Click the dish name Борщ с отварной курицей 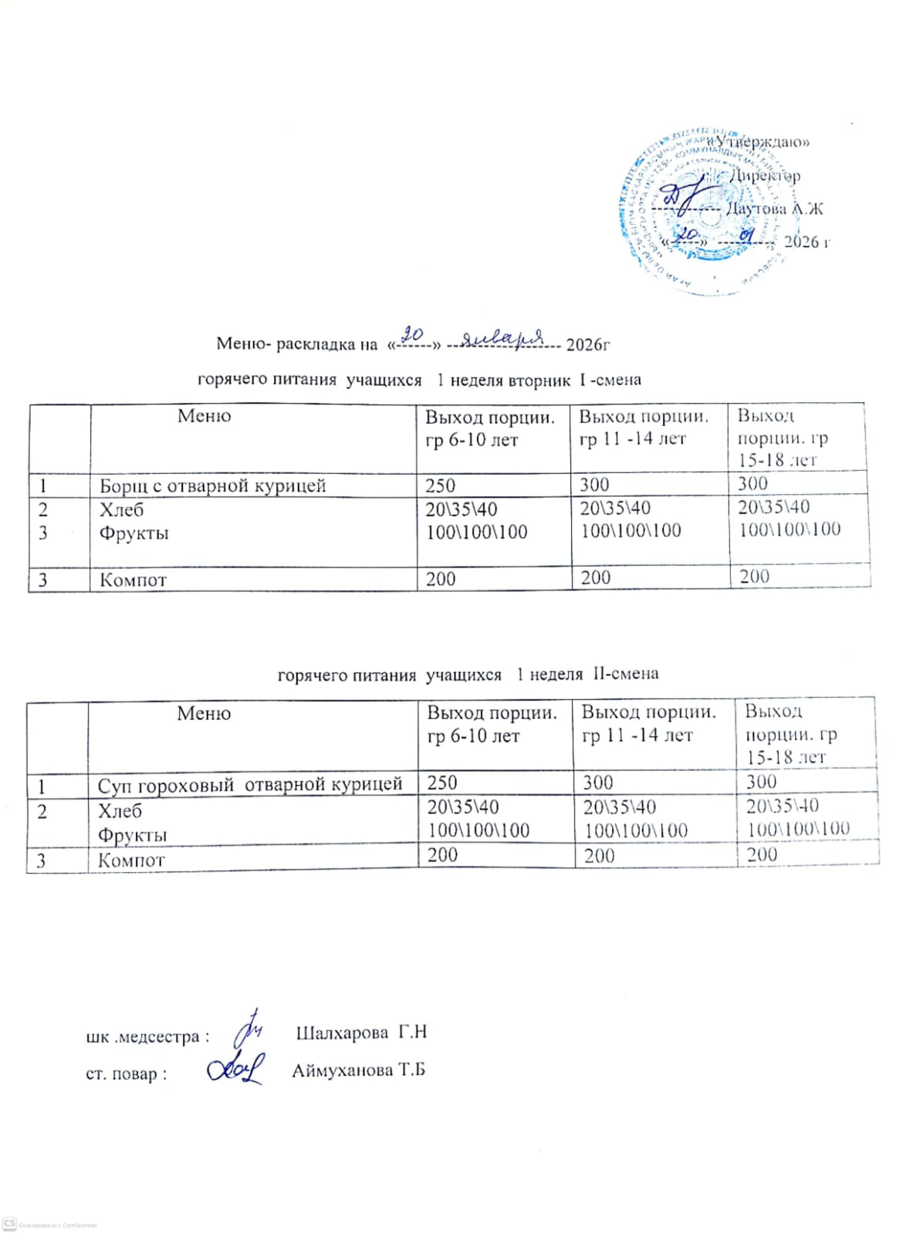212,485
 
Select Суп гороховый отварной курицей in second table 249,785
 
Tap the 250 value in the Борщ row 441,485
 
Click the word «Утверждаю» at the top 760,142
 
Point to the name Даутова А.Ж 774,208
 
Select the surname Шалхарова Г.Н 361,1033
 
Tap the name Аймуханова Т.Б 358,1070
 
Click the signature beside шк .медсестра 250,1026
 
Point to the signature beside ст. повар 235,1068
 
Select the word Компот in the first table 133,580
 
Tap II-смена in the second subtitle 626,674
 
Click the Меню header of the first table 204,416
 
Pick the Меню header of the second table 204,713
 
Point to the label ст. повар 126,1073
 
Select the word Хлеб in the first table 121,510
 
